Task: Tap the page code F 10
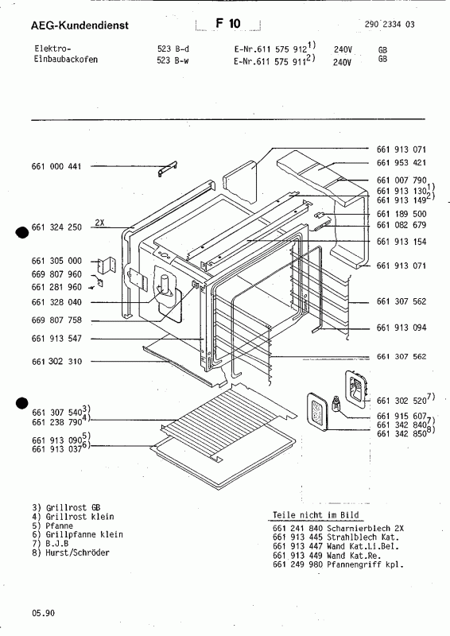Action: (x=227, y=25)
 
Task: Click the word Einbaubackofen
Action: (x=66, y=60)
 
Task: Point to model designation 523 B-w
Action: (x=173, y=60)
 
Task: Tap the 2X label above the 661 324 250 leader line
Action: (x=100, y=222)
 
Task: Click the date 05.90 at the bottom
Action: (x=43, y=613)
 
